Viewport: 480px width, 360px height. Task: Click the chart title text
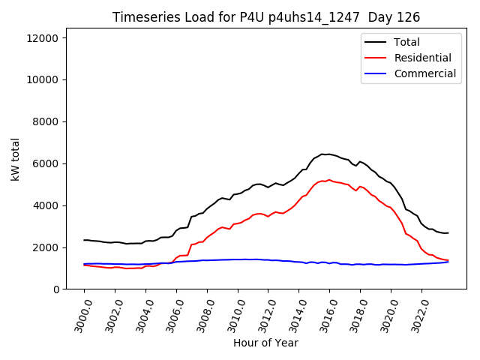pyautogui.click(x=266, y=17)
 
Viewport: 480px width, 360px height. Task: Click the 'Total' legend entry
pyautogui.click(x=407, y=42)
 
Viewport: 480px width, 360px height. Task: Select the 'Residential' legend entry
pyautogui.click(x=422, y=58)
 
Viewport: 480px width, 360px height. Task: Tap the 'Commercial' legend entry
pyautogui.click(x=424, y=73)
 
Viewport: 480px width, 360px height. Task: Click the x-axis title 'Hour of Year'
pyautogui.click(x=266, y=343)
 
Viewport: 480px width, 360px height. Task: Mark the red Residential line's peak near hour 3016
pyautogui.click(x=328, y=180)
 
